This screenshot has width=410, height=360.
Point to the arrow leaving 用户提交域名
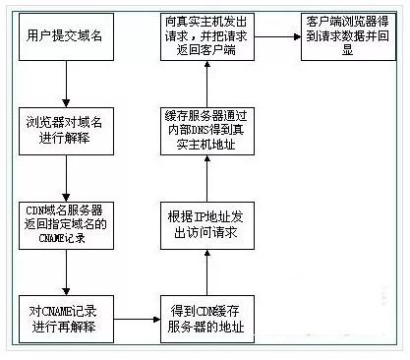coord(64,86)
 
